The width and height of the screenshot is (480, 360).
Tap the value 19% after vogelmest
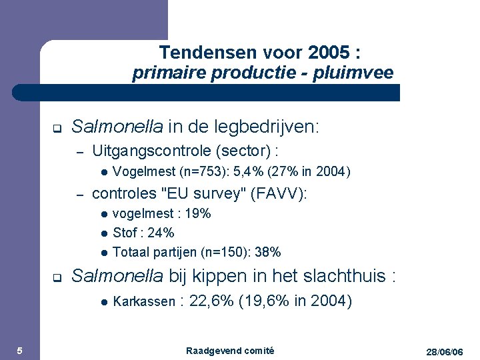[198, 213]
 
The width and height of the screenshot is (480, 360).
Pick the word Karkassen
[144, 301]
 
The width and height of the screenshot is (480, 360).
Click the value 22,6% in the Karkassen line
[212, 301]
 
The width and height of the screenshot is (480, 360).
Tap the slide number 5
[19, 351]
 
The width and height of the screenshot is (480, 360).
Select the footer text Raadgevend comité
[230, 351]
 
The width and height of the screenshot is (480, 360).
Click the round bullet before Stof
[104, 233]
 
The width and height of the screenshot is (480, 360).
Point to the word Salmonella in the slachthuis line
[116, 275]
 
